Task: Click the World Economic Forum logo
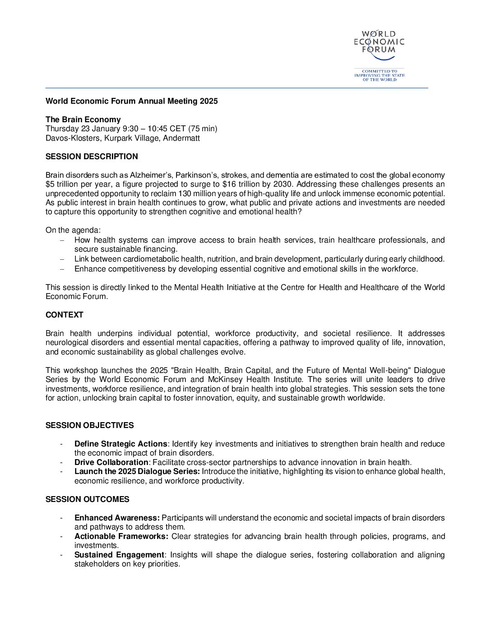(x=379, y=46)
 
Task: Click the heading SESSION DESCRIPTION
(x=92, y=156)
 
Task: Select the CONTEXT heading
(x=65, y=315)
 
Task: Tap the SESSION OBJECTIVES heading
(x=89, y=425)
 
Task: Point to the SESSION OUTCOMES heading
(x=87, y=499)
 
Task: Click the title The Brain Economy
(x=83, y=120)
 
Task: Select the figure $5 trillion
(x=63, y=184)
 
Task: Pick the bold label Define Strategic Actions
(x=120, y=444)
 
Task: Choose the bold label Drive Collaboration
(x=111, y=462)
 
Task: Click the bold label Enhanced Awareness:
(x=117, y=518)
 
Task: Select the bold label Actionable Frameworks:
(x=121, y=536)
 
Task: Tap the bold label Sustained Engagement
(x=119, y=555)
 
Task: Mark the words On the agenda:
(x=73, y=230)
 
